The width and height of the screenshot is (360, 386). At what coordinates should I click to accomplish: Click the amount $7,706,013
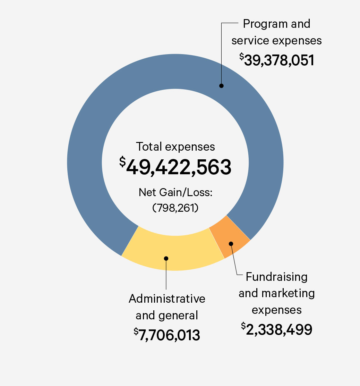tap(168, 335)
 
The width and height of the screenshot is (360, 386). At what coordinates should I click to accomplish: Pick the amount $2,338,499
tap(278, 329)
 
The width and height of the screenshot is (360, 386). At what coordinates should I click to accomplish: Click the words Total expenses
tap(175, 146)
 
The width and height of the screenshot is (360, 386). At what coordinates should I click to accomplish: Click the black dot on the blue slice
tap(221, 86)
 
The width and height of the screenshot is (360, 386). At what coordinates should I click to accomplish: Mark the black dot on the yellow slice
tap(166, 258)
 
